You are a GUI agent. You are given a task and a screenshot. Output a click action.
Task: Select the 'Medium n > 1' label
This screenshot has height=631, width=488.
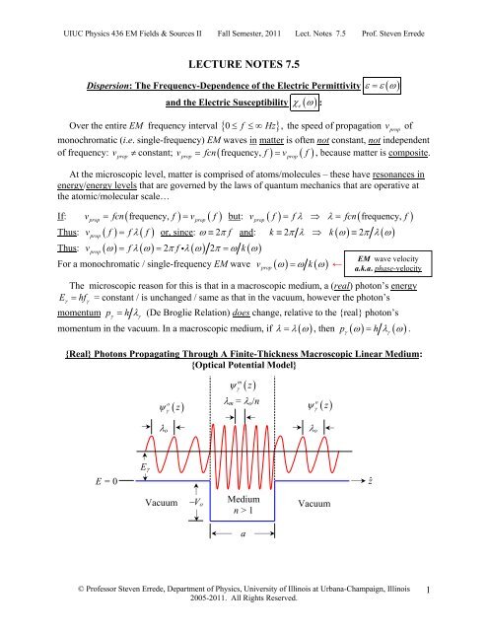pyautogui.click(x=242, y=506)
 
